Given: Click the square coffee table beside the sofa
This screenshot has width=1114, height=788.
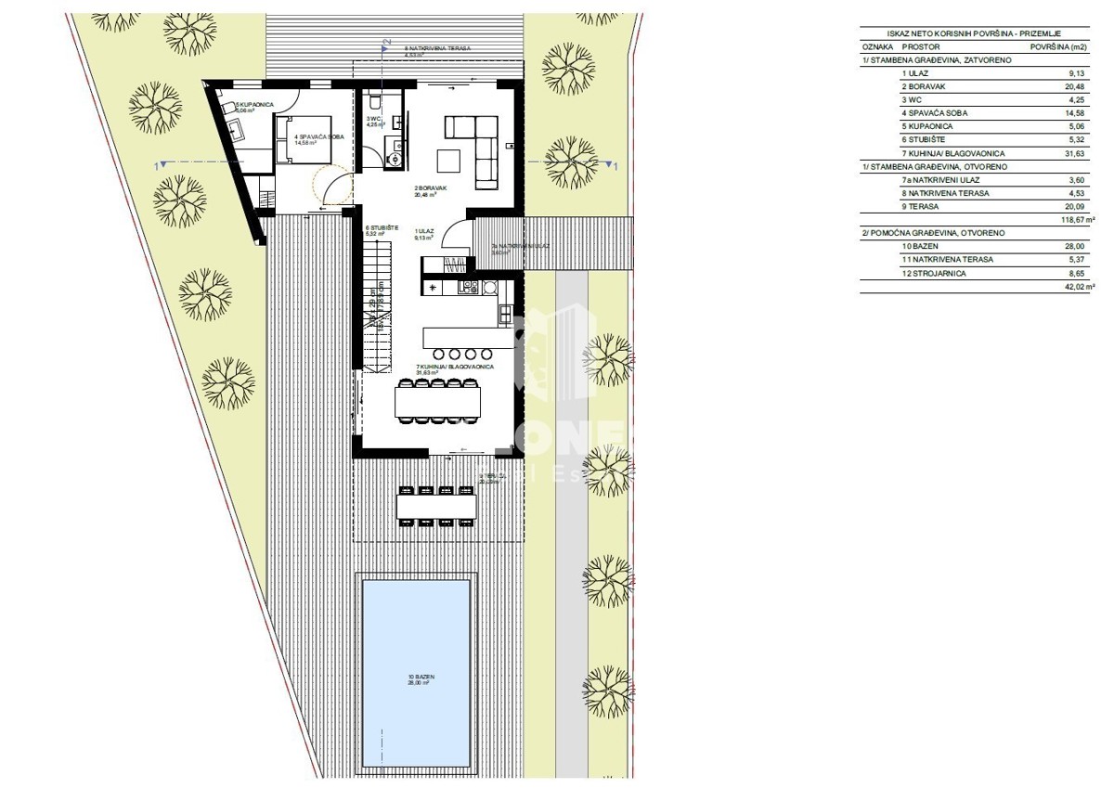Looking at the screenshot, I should (450, 159).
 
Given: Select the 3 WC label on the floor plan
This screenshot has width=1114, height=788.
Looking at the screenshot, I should (374, 122).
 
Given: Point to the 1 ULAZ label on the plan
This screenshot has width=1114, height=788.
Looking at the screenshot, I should (425, 234).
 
